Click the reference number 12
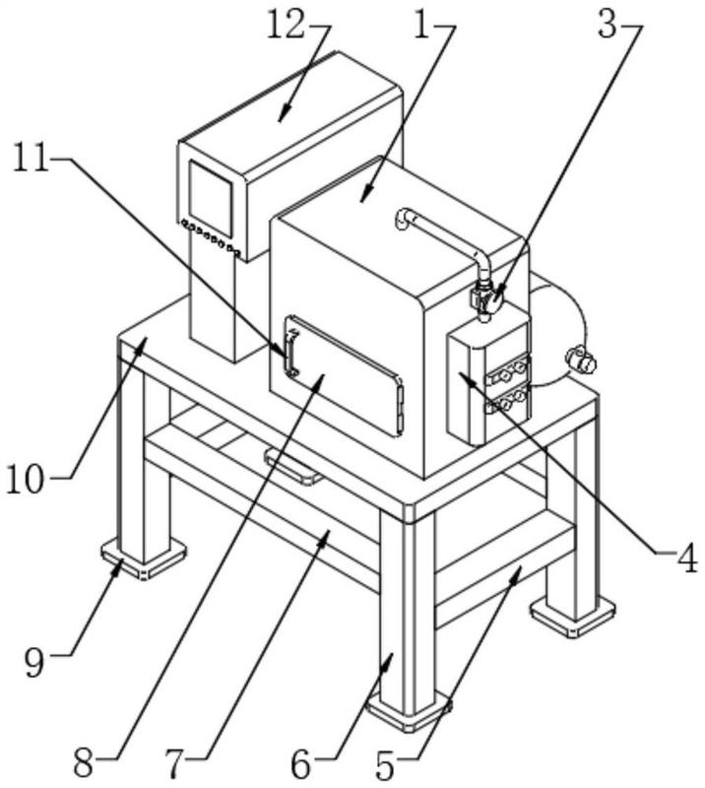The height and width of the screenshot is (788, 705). point(286,26)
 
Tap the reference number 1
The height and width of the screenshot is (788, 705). point(423,26)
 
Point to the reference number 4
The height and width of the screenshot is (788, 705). point(686,558)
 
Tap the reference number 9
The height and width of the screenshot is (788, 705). point(34,663)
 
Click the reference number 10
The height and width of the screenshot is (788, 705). point(26,479)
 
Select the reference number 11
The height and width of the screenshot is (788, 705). point(32,157)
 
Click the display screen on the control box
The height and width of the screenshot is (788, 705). point(211,198)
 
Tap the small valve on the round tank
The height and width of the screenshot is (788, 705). point(581,359)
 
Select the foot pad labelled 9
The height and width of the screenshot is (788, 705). point(144,559)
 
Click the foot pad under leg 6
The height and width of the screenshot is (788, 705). point(408,710)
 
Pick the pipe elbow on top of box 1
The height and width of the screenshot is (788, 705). point(406,218)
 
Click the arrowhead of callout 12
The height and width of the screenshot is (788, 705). point(284,113)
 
